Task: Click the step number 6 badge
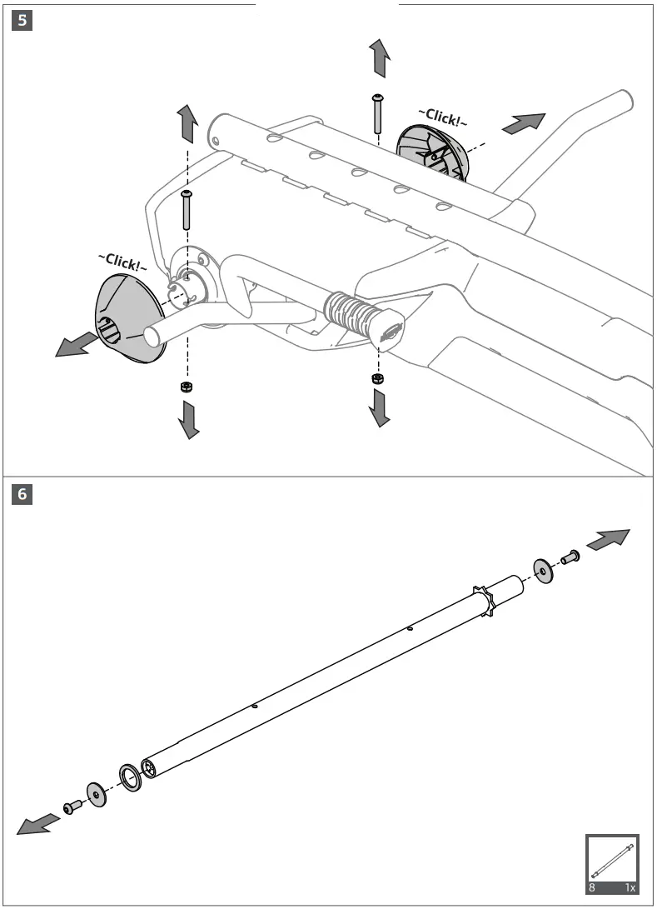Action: point(22,493)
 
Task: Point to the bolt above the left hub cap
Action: point(187,210)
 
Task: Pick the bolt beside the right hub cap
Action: point(377,112)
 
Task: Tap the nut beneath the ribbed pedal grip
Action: point(376,378)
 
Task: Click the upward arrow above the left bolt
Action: point(187,124)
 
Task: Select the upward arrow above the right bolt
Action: point(380,57)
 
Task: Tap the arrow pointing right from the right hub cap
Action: point(525,122)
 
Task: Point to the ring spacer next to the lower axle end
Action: point(130,776)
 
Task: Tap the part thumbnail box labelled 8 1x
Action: point(612,863)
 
